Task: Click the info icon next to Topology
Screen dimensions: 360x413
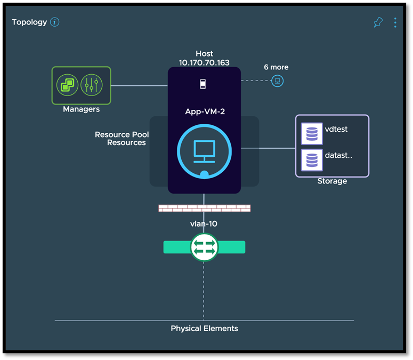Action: tap(54, 22)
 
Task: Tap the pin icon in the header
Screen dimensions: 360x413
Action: tap(378, 22)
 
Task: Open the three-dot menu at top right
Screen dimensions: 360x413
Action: tap(395, 22)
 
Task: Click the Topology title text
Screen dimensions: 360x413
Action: tap(29, 22)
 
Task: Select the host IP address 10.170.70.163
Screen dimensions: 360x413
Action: tap(204, 62)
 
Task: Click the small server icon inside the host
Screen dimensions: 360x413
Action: tap(204, 84)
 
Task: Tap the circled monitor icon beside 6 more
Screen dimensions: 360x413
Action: tap(277, 81)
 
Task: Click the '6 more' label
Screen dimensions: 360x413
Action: tap(276, 67)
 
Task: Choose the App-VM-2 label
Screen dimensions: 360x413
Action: tap(204, 113)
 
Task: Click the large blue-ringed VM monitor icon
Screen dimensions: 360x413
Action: tap(204, 151)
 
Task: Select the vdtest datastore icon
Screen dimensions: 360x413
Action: tap(312, 133)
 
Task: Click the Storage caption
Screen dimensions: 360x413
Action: tap(332, 181)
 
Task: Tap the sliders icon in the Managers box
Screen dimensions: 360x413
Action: tap(91, 85)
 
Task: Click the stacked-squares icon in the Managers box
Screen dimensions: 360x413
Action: tap(68, 85)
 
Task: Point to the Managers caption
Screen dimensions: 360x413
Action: tap(81, 109)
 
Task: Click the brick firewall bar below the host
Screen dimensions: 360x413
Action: tap(204, 208)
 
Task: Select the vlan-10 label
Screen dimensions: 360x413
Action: tap(204, 224)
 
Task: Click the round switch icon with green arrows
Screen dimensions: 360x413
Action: tap(204, 247)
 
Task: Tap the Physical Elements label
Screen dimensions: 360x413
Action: tap(204, 329)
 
